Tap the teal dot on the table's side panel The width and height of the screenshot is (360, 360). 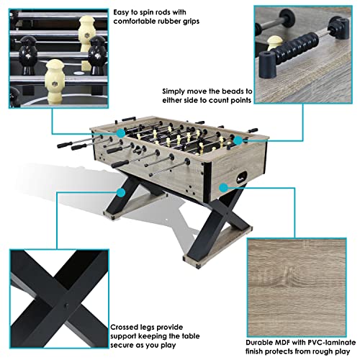tap(224, 186)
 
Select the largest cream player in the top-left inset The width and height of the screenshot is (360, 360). tap(55, 77)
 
